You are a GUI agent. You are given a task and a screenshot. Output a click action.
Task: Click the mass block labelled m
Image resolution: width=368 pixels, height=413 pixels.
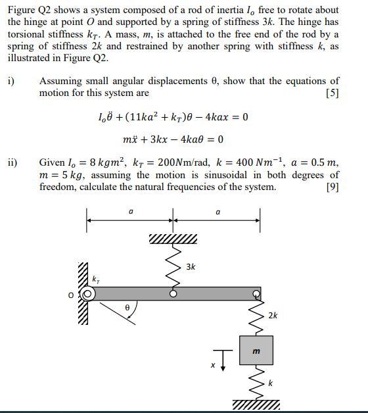point(256,351)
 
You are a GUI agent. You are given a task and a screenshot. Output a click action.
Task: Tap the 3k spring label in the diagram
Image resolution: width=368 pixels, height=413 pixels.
point(191,267)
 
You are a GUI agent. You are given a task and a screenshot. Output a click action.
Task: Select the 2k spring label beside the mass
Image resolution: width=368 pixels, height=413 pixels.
point(272,316)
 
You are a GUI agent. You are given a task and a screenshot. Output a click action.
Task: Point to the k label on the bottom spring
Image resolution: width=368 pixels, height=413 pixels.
point(269,383)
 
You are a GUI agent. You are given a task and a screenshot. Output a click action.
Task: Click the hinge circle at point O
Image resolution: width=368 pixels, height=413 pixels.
point(88,295)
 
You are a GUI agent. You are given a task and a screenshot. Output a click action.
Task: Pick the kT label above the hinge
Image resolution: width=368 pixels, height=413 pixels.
point(96,279)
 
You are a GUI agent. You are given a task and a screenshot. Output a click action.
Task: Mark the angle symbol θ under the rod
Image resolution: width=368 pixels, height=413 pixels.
point(127,307)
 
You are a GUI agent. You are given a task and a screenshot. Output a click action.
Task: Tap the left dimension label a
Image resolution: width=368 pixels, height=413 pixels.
point(130,212)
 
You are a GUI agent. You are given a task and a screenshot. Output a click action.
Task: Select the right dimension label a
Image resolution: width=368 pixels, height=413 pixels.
point(218,212)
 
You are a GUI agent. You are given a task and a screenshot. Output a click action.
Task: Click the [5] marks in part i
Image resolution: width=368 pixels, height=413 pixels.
point(333,93)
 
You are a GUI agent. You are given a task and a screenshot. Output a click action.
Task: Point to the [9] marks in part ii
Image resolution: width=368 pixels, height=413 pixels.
point(333,187)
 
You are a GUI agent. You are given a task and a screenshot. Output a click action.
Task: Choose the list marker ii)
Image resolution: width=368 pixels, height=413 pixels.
point(12,162)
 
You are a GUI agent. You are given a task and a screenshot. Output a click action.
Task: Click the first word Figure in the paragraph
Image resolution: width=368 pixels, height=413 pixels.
point(22,10)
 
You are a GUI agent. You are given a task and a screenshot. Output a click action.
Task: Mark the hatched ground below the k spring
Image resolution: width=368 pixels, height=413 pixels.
point(256,403)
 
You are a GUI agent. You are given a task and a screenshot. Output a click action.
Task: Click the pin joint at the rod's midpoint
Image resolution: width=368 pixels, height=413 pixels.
point(173,294)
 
